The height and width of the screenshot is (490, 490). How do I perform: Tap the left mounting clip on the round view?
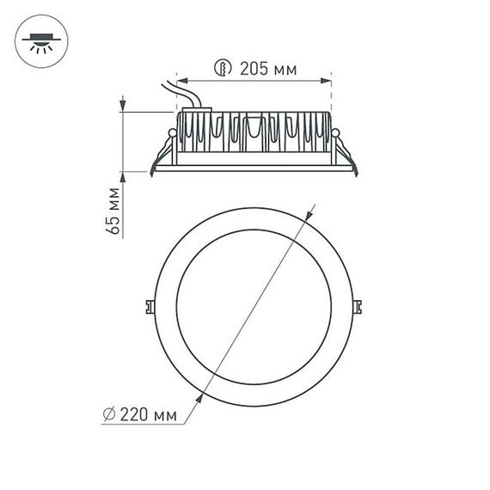(149, 305)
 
